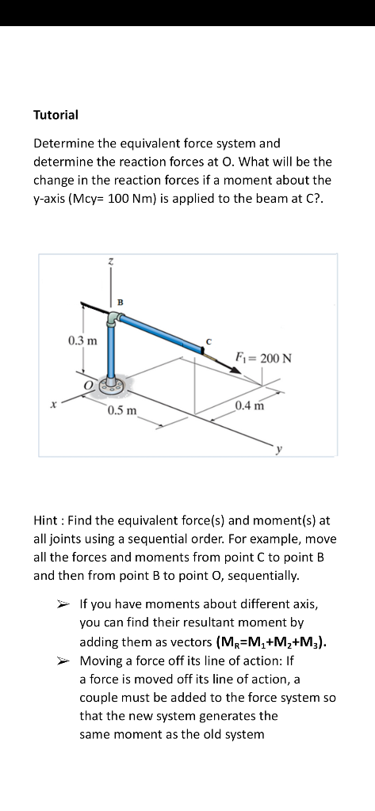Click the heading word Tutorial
(55, 115)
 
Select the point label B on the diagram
(120, 301)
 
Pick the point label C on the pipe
(209, 341)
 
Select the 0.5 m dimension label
(123, 410)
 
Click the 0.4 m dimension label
(249, 405)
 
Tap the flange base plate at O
(113, 386)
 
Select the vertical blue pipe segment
(113, 352)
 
